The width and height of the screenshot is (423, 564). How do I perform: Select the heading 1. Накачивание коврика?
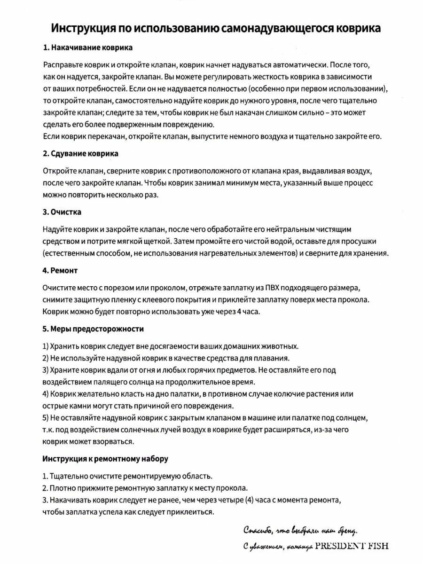(87, 47)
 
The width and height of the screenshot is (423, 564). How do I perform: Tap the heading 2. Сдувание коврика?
(80, 154)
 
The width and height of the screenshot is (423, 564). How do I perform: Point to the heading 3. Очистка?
(62, 212)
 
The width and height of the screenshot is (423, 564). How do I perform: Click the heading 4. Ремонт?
(60, 271)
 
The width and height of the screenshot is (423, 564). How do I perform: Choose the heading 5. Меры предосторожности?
(93, 329)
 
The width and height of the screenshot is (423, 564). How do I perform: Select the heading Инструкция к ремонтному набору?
(105, 458)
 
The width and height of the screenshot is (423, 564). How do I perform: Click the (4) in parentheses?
(251, 499)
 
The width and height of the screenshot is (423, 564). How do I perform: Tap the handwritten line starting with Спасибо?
(300, 531)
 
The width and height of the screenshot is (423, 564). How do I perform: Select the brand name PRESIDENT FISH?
(352, 546)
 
